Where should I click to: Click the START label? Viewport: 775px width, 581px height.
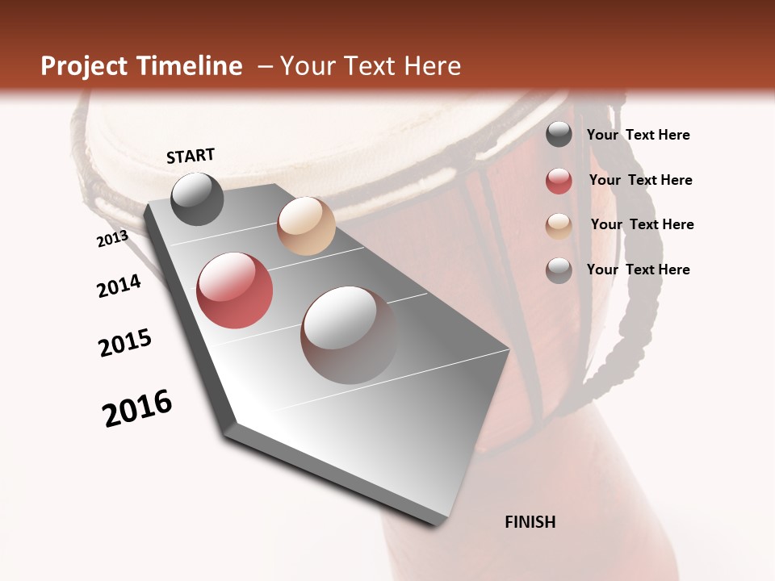(x=191, y=156)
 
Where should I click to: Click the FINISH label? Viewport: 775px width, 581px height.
(x=530, y=522)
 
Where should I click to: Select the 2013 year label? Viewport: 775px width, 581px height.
(x=112, y=239)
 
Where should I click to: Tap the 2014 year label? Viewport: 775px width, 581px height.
(x=119, y=286)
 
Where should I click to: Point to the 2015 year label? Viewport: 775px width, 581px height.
(x=125, y=343)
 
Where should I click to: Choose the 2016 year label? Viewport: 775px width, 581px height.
(x=137, y=408)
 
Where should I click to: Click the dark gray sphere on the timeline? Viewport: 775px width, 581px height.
(x=197, y=199)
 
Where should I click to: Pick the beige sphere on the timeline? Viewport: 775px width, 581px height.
(x=306, y=226)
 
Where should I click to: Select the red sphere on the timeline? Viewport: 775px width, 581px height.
(x=235, y=290)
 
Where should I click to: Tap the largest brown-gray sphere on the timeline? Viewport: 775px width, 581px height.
(x=349, y=334)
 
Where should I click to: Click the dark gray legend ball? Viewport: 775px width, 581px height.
(x=559, y=135)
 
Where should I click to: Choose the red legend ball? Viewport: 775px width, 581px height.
(x=559, y=181)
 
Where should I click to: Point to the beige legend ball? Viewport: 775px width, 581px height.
(x=559, y=226)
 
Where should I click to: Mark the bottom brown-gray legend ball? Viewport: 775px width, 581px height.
(x=559, y=270)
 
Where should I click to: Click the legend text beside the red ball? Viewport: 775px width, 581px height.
(x=640, y=180)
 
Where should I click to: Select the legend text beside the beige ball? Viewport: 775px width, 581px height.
(x=642, y=224)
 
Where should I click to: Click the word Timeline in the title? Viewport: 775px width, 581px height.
(x=190, y=66)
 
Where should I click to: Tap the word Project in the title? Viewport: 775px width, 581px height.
(x=84, y=66)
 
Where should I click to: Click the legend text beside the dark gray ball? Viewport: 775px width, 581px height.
(x=638, y=135)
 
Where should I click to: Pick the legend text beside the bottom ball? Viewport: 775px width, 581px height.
(x=638, y=270)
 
